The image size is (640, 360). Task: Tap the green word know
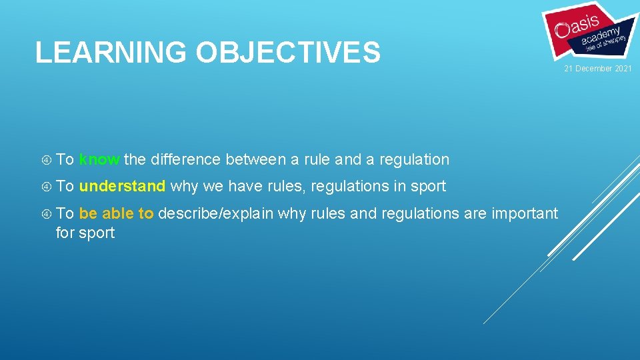(99, 160)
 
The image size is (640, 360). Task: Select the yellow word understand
(122, 187)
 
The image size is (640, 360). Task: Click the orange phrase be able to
(116, 213)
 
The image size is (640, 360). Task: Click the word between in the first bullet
(255, 160)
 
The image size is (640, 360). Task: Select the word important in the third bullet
(524, 213)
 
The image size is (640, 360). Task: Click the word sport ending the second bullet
(428, 187)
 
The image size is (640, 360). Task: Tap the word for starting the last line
(65, 233)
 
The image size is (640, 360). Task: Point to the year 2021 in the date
(623, 69)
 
